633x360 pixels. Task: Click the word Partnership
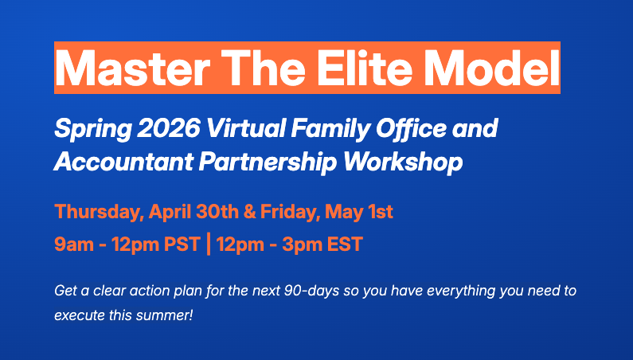[x=256, y=162]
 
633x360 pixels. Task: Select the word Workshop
[x=402, y=162]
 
